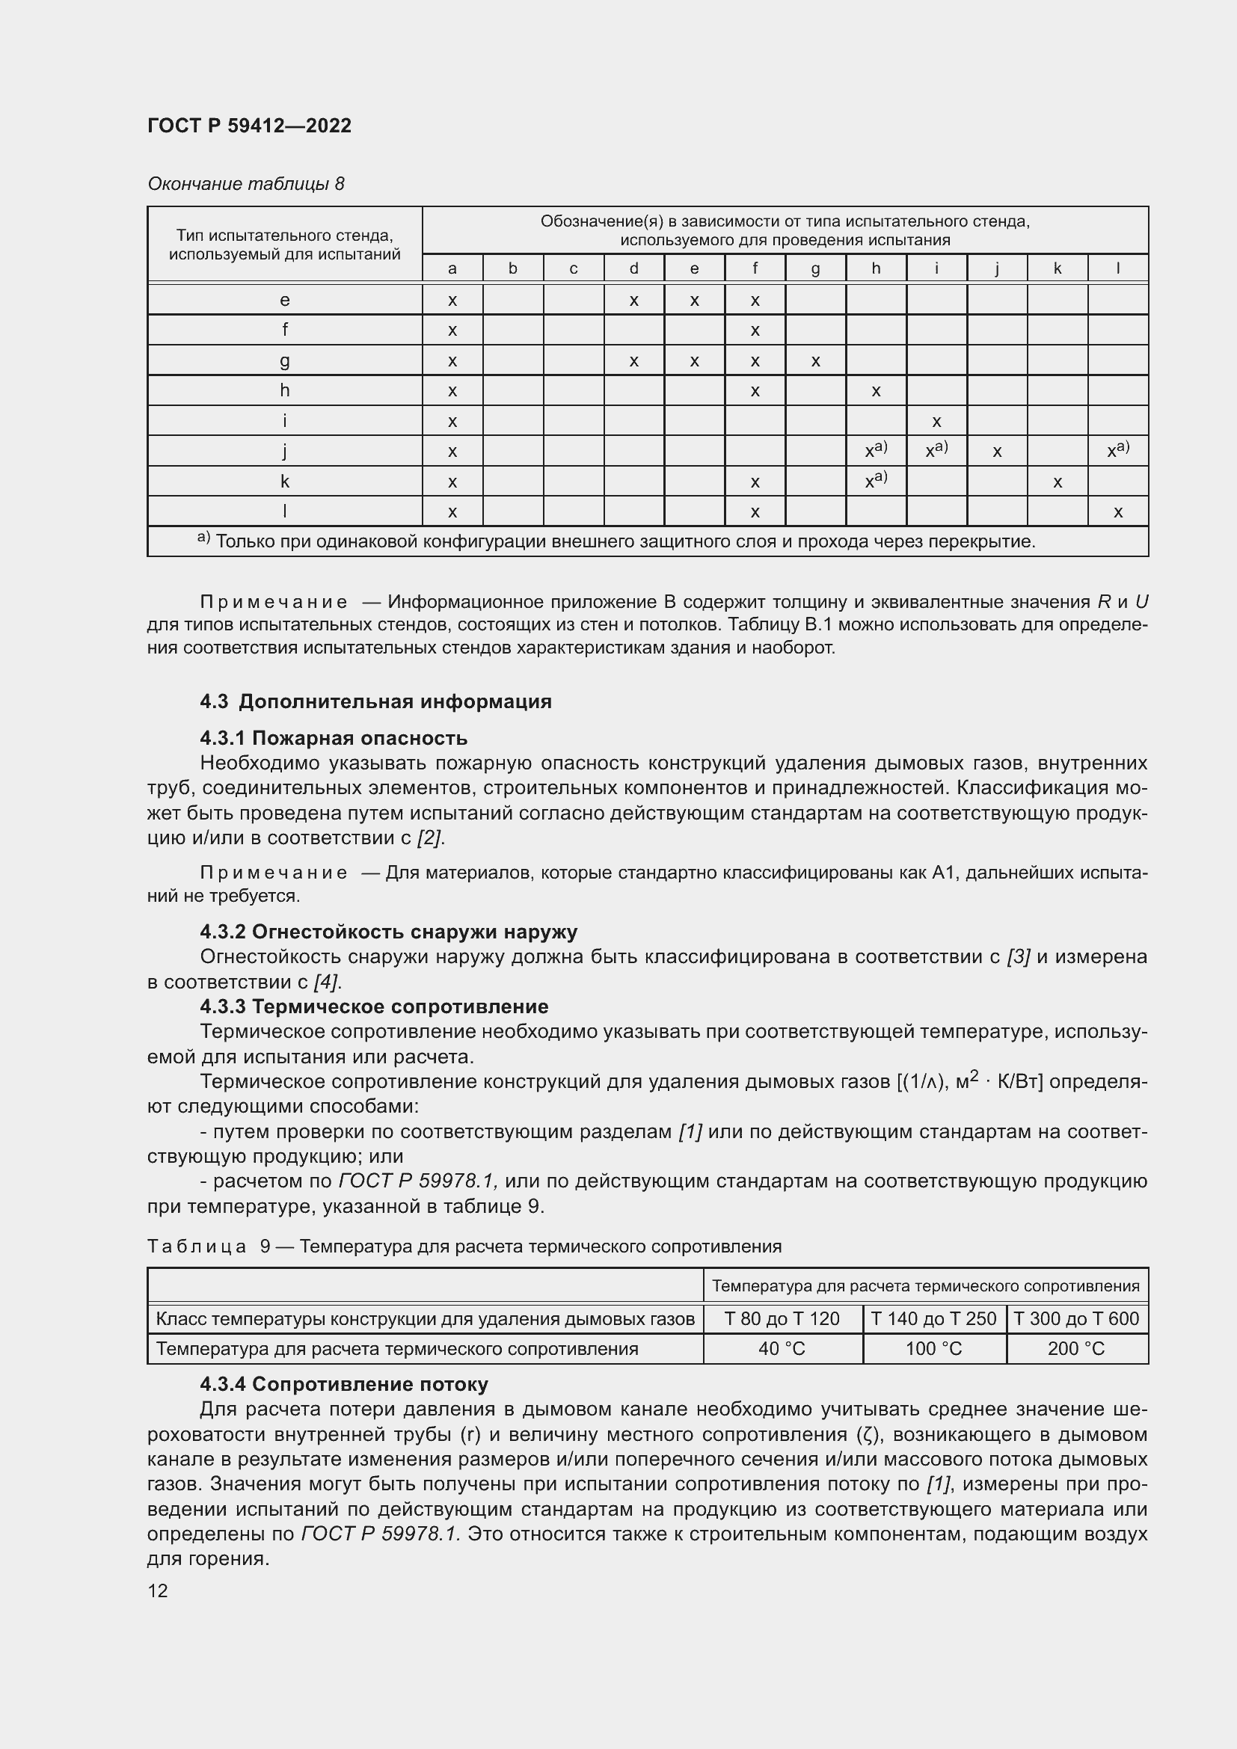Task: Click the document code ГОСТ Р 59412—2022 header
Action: pyautogui.click(x=249, y=126)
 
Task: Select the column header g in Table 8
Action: pyautogui.click(x=815, y=268)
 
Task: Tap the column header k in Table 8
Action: pyautogui.click(x=1058, y=268)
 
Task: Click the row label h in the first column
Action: pyautogui.click(x=284, y=391)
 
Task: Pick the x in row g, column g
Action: pyautogui.click(x=815, y=361)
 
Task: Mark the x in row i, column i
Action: pyautogui.click(x=936, y=421)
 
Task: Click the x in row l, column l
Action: pyautogui.click(x=1117, y=512)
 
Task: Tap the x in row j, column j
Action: pyautogui.click(x=996, y=452)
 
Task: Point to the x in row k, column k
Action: pyautogui.click(x=1058, y=482)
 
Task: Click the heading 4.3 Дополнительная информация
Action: pyautogui.click(x=375, y=701)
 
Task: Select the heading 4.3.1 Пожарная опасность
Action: pyautogui.click(x=334, y=738)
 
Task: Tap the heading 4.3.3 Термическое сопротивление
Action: pyautogui.click(x=374, y=1006)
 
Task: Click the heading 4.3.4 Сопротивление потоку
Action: pyautogui.click(x=343, y=1384)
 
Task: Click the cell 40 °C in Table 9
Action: pyautogui.click(x=782, y=1349)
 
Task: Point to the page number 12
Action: pyautogui.click(x=158, y=1590)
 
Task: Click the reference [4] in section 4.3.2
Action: pyautogui.click(x=326, y=982)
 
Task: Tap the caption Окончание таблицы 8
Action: pyautogui.click(x=245, y=184)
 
